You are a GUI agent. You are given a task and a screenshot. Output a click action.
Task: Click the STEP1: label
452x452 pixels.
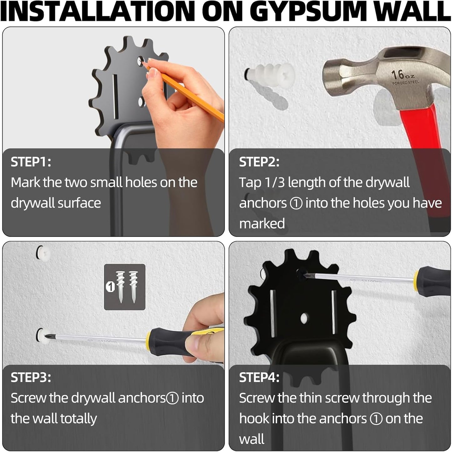coord(31,162)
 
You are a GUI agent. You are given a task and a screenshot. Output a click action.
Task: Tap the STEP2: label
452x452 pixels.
coord(259,162)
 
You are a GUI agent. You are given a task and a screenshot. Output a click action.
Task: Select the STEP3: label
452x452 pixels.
coord(31,378)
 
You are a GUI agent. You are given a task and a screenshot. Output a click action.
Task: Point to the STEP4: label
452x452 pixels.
coord(259,378)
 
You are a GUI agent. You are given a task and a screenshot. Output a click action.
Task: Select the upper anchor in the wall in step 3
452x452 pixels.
coord(43,253)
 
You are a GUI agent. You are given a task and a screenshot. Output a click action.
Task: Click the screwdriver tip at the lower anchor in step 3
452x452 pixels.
coord(47,336)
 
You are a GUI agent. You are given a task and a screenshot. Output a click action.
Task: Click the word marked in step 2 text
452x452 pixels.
coord(262,224)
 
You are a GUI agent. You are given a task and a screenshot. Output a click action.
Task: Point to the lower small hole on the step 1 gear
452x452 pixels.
coord(141,102)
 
